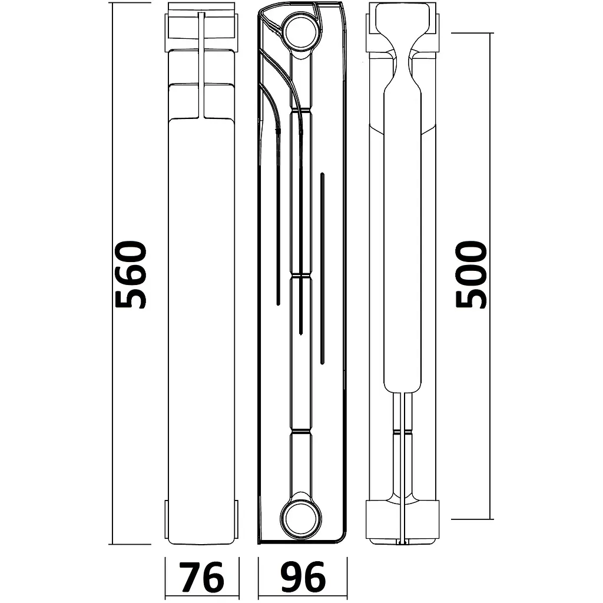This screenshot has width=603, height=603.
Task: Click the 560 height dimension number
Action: point(131,274)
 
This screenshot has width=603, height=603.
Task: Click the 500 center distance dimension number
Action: point(471,274)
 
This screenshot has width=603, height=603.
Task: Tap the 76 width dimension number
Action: point(202,577)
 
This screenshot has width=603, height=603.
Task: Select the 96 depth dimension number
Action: point(303,577)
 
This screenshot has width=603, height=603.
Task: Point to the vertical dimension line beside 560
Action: point(112,273)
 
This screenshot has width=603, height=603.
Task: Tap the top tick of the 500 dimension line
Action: point(472,33)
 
